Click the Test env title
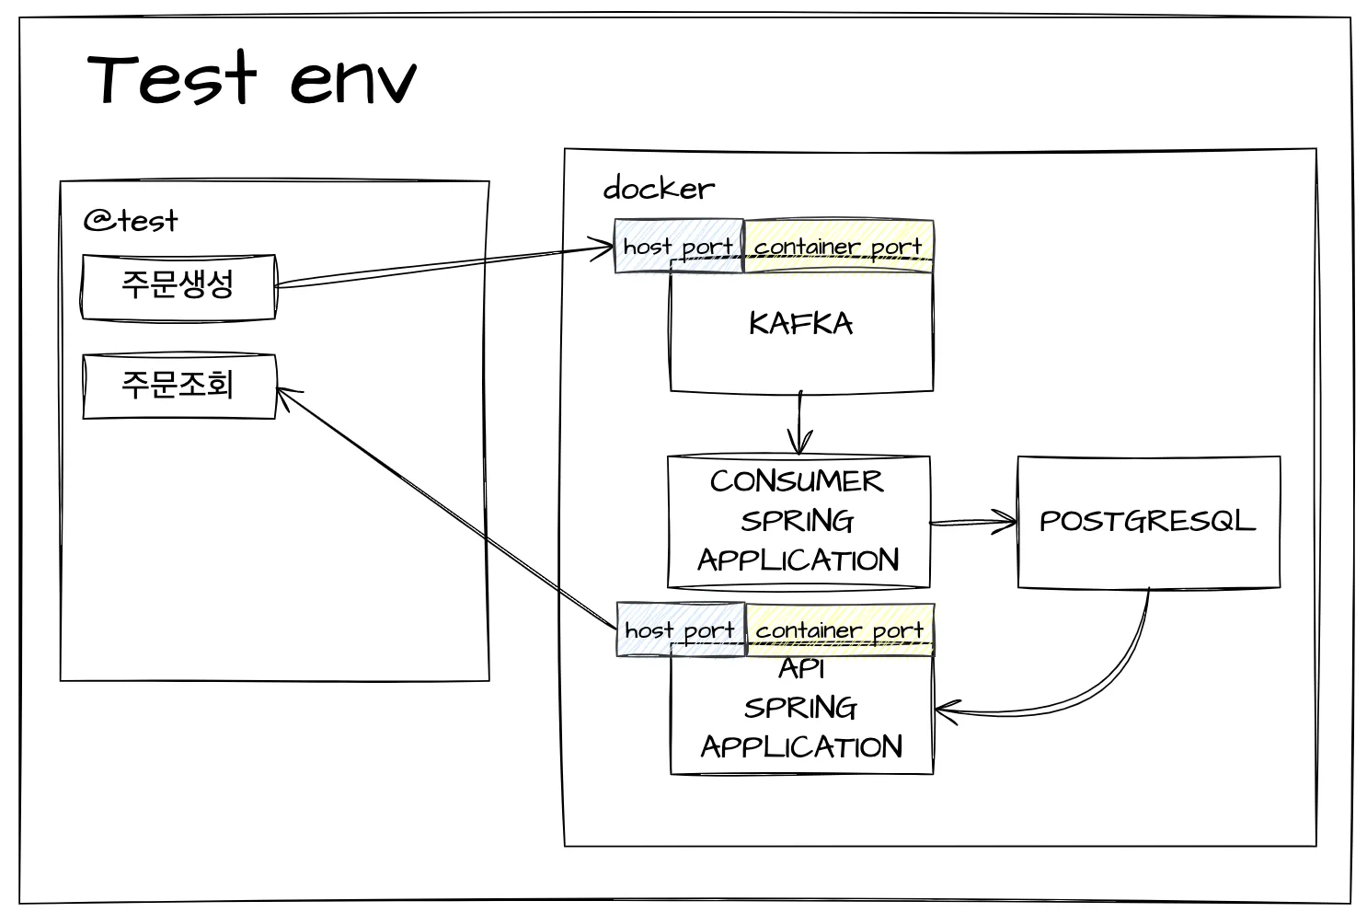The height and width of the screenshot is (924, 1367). pyautogui.click(x=251, y=77)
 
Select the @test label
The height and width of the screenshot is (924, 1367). pyautogui.click(x=131, y=221)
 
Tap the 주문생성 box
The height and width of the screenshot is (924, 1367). pyautogui.click(x=178, y=287)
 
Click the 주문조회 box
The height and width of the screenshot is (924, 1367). pyautogui.click(x=179, y=386)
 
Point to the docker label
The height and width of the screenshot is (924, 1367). pyautogui.click(x=659, y=188)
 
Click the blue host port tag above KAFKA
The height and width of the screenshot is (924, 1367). pyautogui.click(x=679, y=246)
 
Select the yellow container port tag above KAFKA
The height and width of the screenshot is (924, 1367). pyautogui.click(x=839, y=246)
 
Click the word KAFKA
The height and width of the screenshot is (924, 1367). pyautogui.click(x=800, y=323)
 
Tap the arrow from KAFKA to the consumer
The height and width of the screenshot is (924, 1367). pyautogui.click(x=799, y=422)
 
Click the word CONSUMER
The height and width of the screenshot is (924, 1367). pyautogui.click(x=797, y=480)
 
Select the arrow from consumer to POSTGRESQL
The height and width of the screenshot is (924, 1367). pyautogui.click(x=973, y=522)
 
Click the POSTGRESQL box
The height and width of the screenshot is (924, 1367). pyautogui.click(x=1149, y=522)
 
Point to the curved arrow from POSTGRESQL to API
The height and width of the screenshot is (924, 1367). pyautogui.click(x=1106, y=684)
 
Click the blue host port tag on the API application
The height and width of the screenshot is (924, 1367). pyautogui.click(x=681, y=629)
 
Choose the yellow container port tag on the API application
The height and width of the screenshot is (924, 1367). pyautogui.click(x=840, y=629)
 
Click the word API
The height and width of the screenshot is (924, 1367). pyautogui.click(x=801, y=669)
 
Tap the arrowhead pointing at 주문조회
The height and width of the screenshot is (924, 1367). pyautogui.click(x=287, y=397)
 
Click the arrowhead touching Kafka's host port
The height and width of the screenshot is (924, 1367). pyautogui.click(x=601, y=248)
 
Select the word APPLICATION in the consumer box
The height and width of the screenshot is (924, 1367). pyautogui.click(x=798, y=560)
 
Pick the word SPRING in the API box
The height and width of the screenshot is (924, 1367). pyautogui.click(x=800, y=709)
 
